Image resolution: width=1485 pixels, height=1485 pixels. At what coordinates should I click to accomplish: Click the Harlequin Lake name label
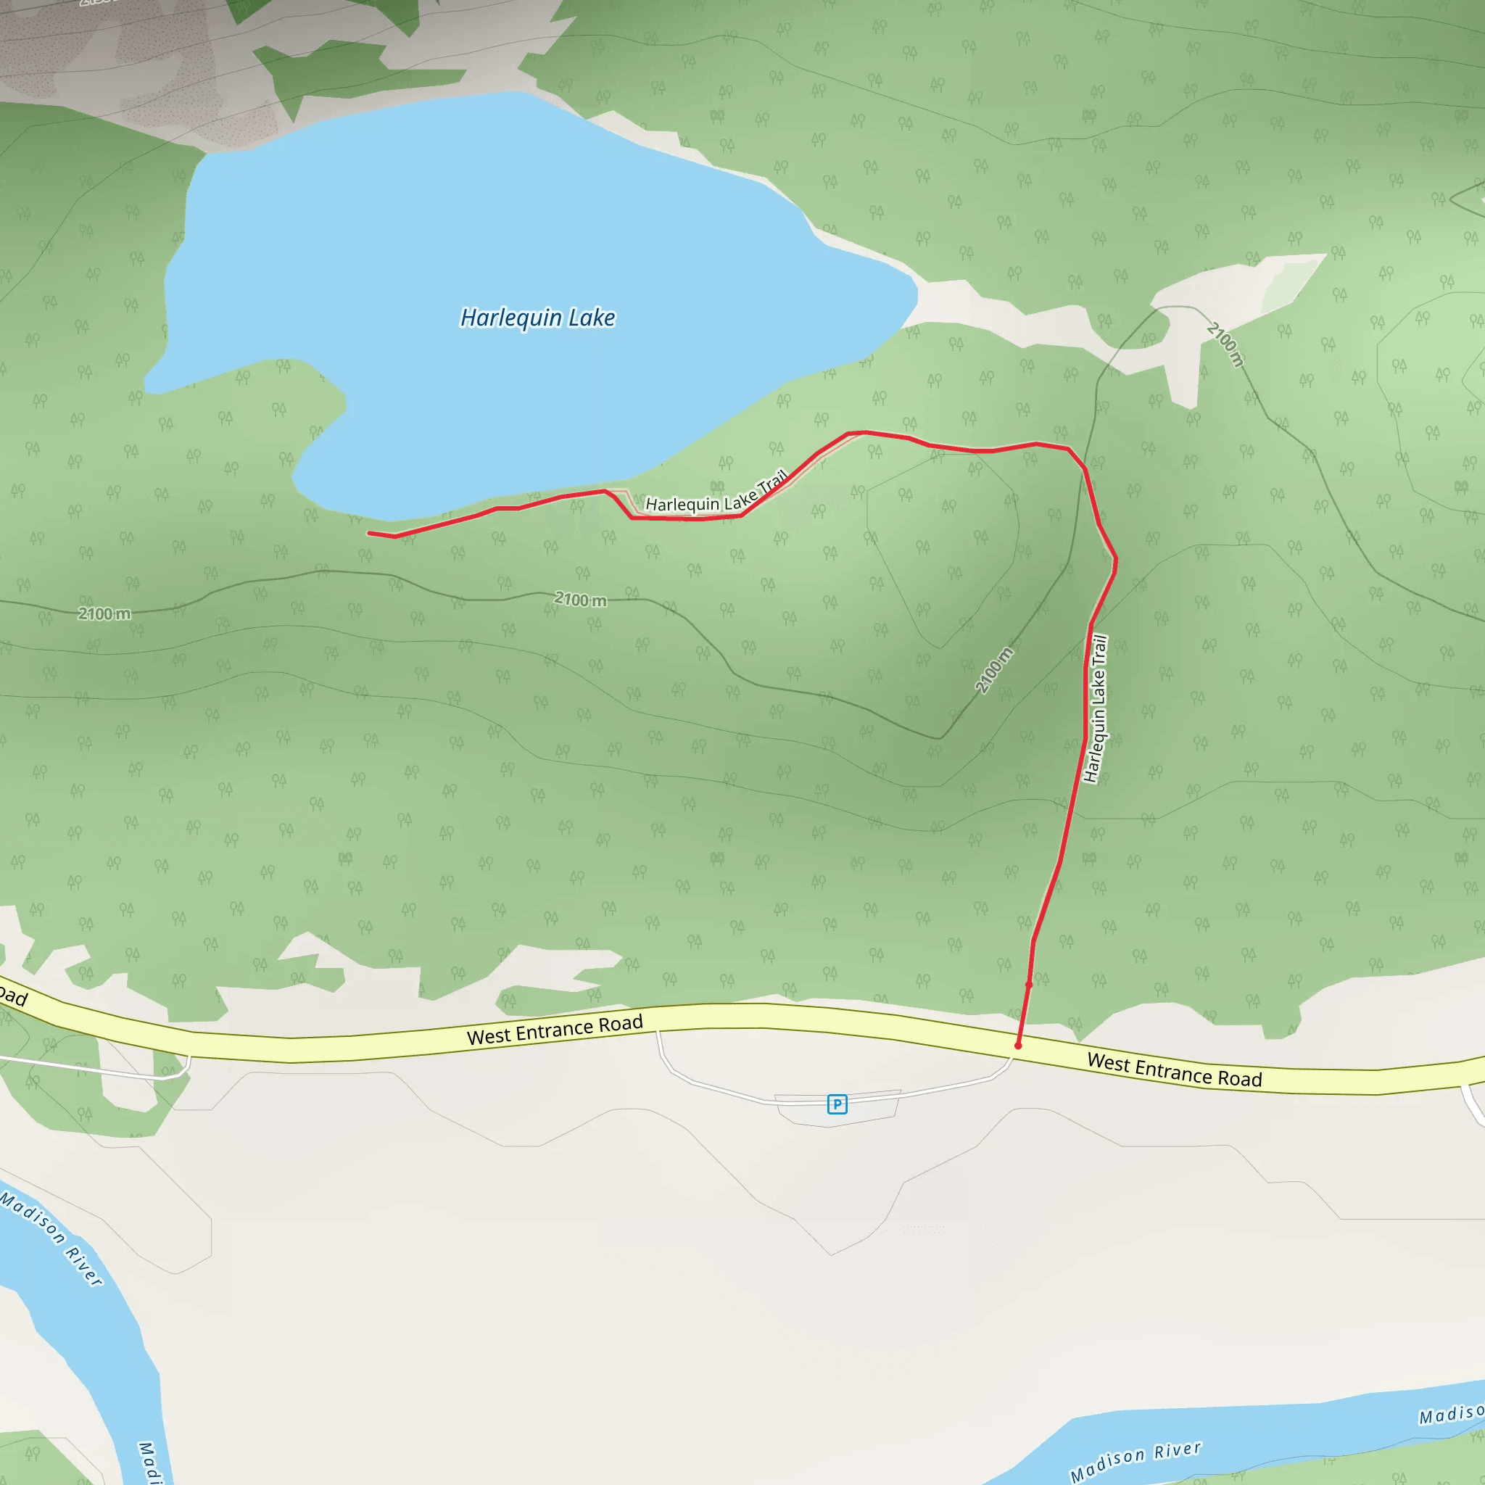pyautogui.click(x=537, y=318)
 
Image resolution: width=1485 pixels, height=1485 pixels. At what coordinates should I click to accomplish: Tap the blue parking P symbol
pyautogui.click(x=837, y=1104)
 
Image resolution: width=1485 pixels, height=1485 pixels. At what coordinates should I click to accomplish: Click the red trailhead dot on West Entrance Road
pyautogui.click(x=1017, y=1046)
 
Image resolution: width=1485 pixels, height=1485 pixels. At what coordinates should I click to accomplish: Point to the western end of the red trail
pyautogui.click(x=371, y=533)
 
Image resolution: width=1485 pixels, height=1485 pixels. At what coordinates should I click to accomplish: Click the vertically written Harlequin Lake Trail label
pyautogui.click(x=1096, y=708)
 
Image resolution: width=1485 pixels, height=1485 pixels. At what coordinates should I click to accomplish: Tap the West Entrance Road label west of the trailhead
pyautogui.click(x=554, y=1029)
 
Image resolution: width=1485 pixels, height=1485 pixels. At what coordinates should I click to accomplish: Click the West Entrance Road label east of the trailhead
pyautogui.click(x=1174, y=1070)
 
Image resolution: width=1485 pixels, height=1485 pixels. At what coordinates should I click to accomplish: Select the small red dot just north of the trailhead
pyautogui.click(x=1028, y=985)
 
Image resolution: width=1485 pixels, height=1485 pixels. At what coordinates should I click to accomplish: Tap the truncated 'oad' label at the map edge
pyautogui.click(x=13, y=997)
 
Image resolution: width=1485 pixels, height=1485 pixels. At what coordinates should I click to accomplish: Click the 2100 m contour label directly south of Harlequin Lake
pyautogui.click(x=580, y=600)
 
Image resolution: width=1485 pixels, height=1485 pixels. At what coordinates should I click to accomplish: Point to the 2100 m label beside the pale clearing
pyautogui.click(x=1225, y=344)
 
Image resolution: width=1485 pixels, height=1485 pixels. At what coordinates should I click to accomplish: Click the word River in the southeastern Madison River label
pyautogui.click(x=1177, y=1450)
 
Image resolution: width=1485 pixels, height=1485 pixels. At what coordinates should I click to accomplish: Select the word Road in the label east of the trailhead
pyautogui.click(x=1239, y=1078)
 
